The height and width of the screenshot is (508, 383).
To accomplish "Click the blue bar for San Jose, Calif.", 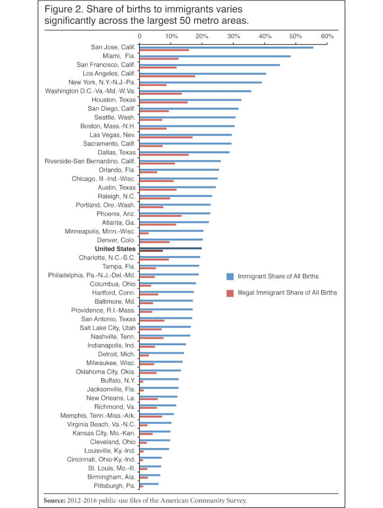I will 226,47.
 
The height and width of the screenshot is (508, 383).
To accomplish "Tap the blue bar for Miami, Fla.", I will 215,56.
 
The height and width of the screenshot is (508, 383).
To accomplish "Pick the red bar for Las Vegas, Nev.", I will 166,137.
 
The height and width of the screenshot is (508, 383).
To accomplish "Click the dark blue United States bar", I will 170,248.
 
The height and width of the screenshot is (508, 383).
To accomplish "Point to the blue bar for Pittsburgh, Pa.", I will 149,484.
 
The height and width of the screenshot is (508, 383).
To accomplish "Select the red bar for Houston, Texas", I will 163,102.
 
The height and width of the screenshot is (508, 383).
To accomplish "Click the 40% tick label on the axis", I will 265,36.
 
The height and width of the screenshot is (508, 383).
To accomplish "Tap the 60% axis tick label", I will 327,36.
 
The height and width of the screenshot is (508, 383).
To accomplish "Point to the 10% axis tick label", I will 171,36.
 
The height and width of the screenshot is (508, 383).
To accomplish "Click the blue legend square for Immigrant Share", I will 230,276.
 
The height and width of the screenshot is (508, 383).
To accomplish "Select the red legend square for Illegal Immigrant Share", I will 230,293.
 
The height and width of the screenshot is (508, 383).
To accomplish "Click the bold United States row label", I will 115,249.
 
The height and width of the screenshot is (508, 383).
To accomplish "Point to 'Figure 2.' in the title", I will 62,10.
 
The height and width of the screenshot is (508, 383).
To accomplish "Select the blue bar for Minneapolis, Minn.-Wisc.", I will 171,231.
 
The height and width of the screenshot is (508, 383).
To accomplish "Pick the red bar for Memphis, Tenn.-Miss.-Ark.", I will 151,416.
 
